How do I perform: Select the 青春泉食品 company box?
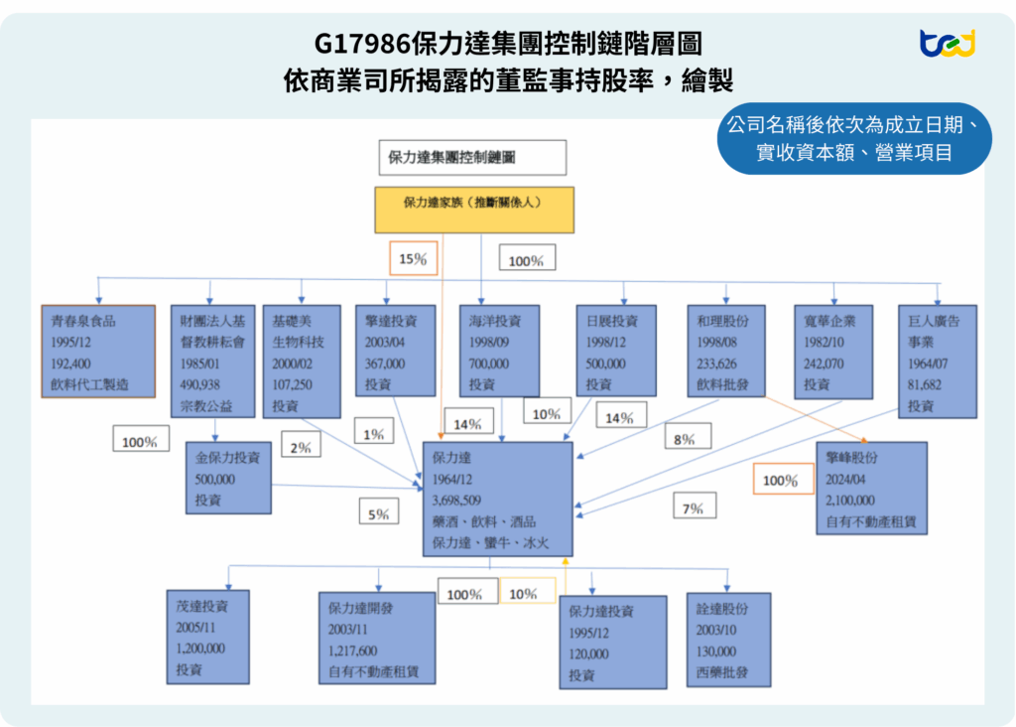click(98, 352)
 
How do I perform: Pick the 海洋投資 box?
click(499, 351)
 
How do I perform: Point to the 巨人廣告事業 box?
click(937, 359)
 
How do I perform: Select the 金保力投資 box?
click(228, 478)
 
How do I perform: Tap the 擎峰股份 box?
click(871, 488)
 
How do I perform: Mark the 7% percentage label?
click(693, 509)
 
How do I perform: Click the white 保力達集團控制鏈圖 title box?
click(471, 157)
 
